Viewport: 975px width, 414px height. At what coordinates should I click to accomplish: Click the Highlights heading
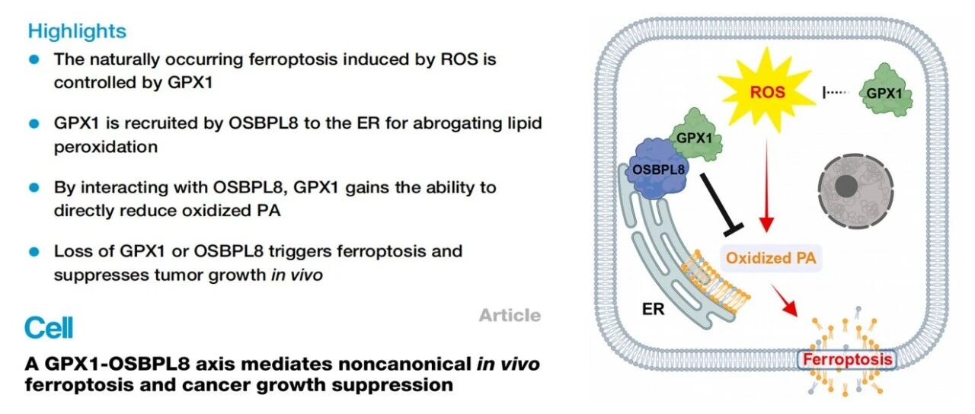pyautogui.click(x=77, y=32)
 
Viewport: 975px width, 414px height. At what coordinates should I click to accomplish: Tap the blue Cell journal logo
pyautogui.click(x=49, y=328)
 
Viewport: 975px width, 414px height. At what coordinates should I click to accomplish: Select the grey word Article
pyautogui.click(x=510, y=315)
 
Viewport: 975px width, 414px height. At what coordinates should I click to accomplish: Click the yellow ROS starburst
pyautogui.click(x=767, y=91)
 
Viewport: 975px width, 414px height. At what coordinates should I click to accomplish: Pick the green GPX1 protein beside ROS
pyautogui.click(x=884, y=91)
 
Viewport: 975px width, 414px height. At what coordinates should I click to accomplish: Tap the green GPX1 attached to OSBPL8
pyautogui.click(x=695, y=135)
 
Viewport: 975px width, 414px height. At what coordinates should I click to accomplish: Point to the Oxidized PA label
pyautogui.click(x=771, y=258)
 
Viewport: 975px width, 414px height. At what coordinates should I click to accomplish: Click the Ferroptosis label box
pyautogui.click(x=847, y=360)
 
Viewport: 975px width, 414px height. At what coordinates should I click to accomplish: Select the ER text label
pyautogui.click(x=653, y=309)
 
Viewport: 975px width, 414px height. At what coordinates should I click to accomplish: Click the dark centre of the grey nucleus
pyautogui.click(x=846, y=186)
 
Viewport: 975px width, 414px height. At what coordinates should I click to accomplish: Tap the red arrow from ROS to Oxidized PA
pyautogui.click(x=766, y=185)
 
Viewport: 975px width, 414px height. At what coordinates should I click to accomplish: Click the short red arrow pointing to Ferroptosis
pyautogui.click(x=784, y=300)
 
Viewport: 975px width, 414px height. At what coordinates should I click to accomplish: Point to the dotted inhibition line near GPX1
pyautogui.click(x=836, y=92)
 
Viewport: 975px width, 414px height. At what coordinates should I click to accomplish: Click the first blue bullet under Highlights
pyautogui.click(x=34, y=59)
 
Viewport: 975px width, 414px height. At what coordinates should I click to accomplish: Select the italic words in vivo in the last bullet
pyautogui.click(x=297, y=275)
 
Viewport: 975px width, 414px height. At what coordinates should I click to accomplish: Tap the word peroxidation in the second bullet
pyautogui.click(x=106, y=148)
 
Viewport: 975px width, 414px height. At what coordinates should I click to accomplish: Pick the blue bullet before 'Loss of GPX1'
pyautogui.click(x=34, y=252)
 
